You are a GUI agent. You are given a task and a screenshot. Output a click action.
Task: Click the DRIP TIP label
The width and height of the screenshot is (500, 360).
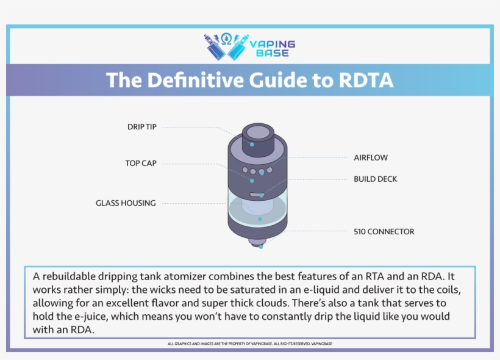tap(141, 127)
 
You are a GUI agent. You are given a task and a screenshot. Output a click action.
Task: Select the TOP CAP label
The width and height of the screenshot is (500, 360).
tap(140, 164)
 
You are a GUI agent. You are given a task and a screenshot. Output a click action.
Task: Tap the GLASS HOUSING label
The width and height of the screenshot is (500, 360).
tap(126, 203)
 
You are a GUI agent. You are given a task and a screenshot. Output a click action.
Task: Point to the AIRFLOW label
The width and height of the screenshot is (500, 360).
tap(371, 157)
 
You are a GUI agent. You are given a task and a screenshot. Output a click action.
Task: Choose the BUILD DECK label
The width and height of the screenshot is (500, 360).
tap(376, 179)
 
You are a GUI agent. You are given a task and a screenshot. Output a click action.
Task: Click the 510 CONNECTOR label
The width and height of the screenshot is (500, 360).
tap(384, 232)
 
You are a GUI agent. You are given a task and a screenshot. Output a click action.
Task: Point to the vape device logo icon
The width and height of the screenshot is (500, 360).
tap(226, 46)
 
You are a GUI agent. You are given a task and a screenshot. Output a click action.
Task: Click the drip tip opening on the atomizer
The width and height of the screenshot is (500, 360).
tap(255, 131)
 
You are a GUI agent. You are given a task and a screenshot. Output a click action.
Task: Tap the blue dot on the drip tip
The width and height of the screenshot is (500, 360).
tap(252, 145)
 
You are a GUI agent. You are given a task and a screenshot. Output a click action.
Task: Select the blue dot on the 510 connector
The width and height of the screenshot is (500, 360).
tap(260, 247)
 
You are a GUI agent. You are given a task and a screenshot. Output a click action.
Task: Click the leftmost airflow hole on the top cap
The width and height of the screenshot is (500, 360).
tap(245, 170)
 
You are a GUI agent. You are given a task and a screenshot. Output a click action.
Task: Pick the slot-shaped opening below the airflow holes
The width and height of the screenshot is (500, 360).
tap(256, 195)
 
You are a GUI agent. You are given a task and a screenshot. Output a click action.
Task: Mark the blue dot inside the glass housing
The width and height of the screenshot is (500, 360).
tap(260, 218)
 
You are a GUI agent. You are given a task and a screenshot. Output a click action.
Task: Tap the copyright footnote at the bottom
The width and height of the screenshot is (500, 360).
tap(250, 344)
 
